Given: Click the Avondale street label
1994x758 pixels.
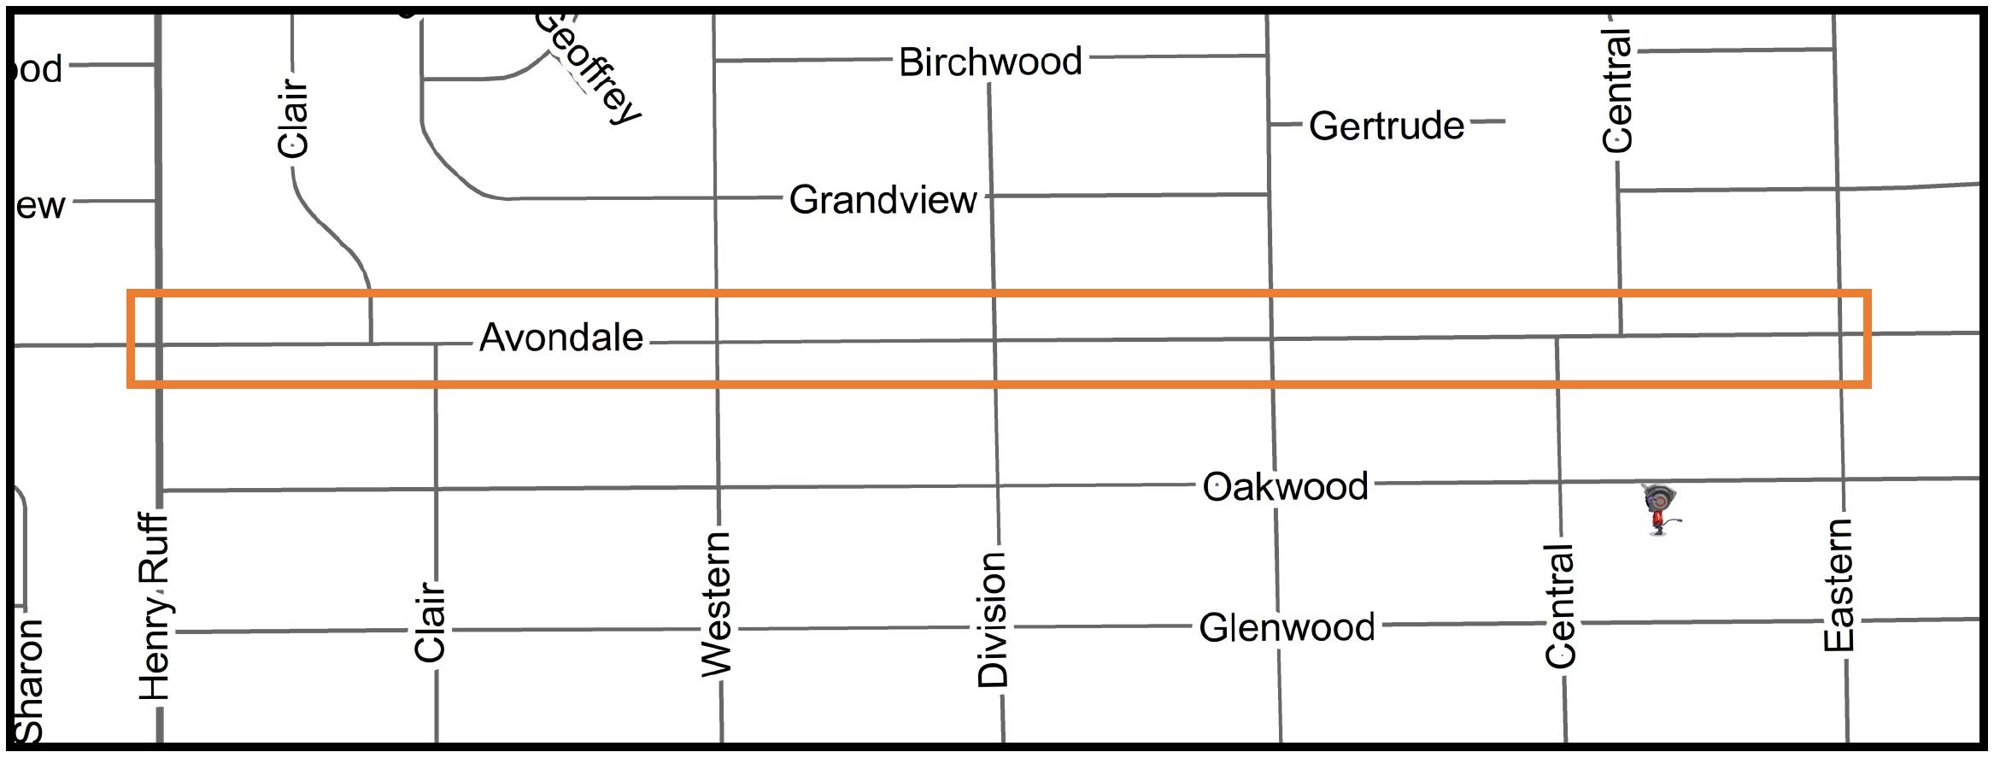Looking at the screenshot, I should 560,338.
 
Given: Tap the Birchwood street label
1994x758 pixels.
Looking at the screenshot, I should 990,62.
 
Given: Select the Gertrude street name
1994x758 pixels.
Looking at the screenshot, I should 1386,126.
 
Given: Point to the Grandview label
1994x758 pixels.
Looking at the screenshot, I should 883,200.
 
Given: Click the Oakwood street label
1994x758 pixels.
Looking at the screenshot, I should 1285,486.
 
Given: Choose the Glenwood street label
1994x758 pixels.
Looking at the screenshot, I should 1287,628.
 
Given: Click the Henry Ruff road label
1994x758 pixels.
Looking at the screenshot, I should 155,607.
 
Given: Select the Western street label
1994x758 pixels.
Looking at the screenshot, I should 716,603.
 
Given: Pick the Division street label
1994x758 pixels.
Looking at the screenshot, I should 993,619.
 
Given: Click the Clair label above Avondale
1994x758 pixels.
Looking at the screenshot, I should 293,118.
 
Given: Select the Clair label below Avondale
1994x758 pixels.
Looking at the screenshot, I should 431,621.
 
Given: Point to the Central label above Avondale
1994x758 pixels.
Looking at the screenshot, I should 1617,91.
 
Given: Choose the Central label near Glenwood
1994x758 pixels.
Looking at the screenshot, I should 1560,606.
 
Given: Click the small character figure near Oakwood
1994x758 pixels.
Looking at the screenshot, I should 1659,508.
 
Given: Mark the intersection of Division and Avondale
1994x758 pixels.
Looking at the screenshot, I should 994,341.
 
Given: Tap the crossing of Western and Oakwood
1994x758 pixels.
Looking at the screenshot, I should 718,488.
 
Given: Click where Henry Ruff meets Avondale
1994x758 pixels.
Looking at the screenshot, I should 159,344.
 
